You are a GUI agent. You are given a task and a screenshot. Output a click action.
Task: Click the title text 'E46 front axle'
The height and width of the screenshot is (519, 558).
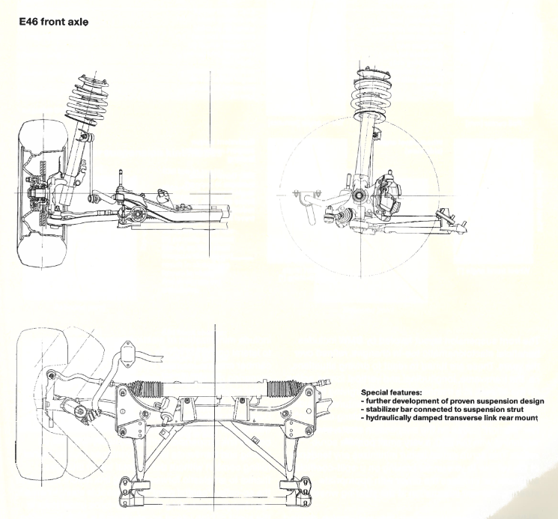53,22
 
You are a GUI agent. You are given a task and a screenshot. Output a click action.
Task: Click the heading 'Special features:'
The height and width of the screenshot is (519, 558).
392,392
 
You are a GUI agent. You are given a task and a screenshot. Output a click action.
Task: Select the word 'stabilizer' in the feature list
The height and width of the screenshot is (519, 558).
382,410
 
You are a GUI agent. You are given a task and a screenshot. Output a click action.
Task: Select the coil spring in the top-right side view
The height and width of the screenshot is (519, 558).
372,94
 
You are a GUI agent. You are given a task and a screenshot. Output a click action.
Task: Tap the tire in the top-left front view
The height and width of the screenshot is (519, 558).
42,192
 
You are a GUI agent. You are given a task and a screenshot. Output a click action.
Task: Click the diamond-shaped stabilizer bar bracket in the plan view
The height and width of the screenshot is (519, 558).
128,353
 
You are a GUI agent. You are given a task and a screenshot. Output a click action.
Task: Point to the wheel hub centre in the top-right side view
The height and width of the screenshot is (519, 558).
358,195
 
